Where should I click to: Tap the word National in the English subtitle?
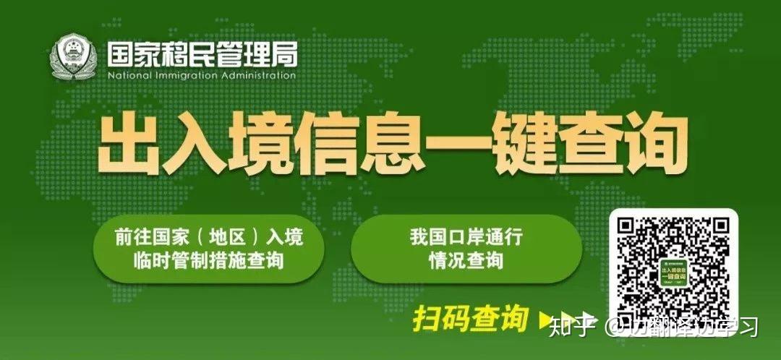pos(130,75)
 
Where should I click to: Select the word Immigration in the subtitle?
pos(190,75)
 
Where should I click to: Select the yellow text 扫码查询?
pos(471,318)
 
